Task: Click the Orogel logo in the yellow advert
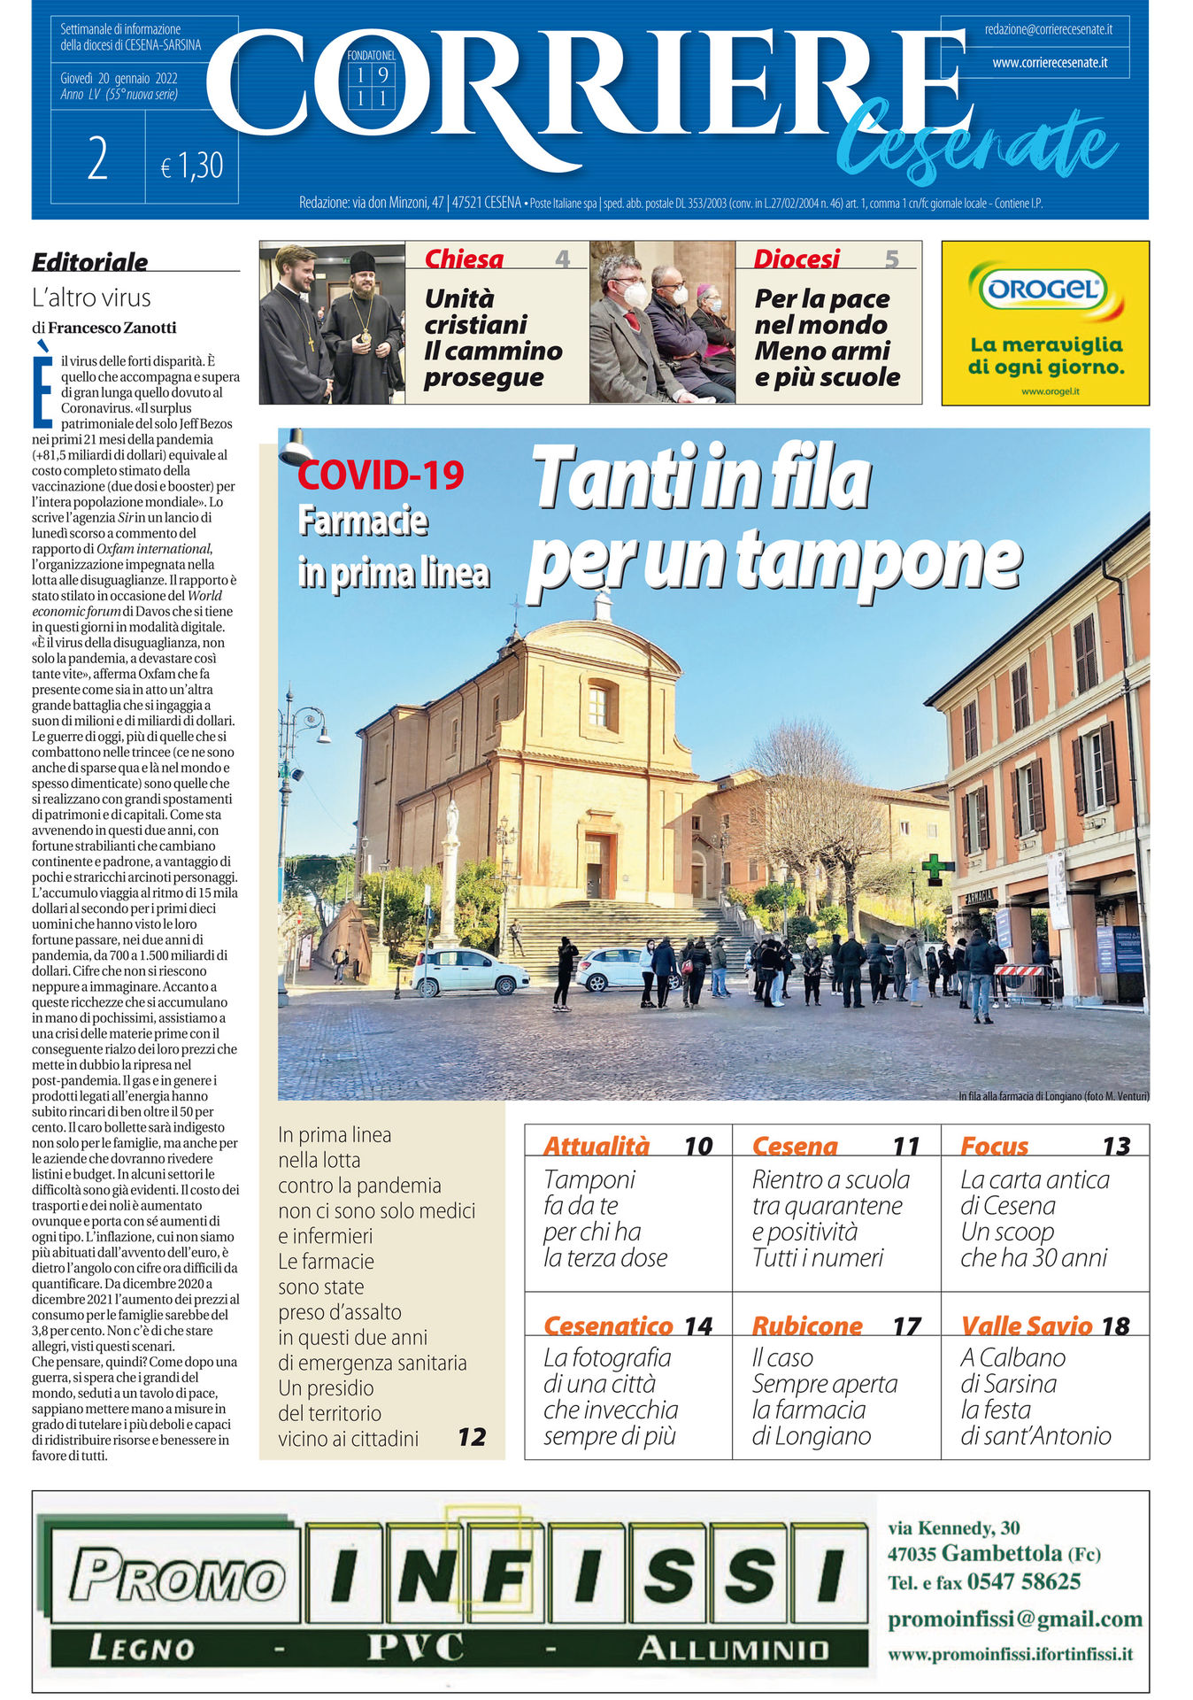click(x=1044, y=289)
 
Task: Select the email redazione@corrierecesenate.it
click(x=1048, y=30)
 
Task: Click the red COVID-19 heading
click(x=381, y=475)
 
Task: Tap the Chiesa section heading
click(x=464, y=259)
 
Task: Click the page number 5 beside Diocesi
click(x=891, y=259)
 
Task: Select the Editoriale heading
click(x=89, y=261)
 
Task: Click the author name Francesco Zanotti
click(x=112, y=328)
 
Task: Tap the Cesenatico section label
click(x=608, y=1325)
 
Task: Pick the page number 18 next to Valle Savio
click(x=1116, y=1325)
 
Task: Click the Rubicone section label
click(x=806, y=1325)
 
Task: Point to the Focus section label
click(x=994, y=1146)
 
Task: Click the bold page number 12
click(x=472, y=1436)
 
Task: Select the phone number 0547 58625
click(x=1023, y=1580)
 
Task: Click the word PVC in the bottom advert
click(x=415, y=1648)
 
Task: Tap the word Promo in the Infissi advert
click(x=177, y=1579)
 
